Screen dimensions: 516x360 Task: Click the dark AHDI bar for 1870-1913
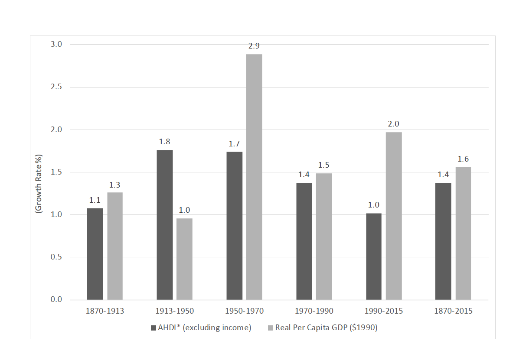coord(95,254)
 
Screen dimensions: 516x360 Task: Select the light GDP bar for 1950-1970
coord(254,177)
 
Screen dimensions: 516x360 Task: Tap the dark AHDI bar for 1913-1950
coord(164,225)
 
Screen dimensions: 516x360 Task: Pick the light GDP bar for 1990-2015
coord(394,216)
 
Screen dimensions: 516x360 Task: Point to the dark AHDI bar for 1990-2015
coord(374,256)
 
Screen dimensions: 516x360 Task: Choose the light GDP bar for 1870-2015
coord(463,234)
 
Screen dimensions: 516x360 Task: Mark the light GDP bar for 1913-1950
coord(184,259)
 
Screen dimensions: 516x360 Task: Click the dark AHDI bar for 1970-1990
coord(304,241)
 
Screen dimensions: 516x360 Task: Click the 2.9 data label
coord(254,46)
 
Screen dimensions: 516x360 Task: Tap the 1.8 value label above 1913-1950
coord(164,142)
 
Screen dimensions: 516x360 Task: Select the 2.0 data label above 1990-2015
coord(394,124)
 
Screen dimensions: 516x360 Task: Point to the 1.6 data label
coord(463,159)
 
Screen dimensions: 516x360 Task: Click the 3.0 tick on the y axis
coord(56,44)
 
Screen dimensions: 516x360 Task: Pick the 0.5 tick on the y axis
coord(56,257)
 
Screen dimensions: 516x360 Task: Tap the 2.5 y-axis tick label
coord(56,87)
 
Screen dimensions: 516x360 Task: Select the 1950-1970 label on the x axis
coord(244,311)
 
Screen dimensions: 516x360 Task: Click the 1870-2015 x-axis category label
coord(453,311)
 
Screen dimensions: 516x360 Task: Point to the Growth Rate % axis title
coord(39,183)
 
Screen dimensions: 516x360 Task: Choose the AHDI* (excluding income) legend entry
coord(201,328)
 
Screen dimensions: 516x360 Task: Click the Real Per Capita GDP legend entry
coord(323,328)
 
